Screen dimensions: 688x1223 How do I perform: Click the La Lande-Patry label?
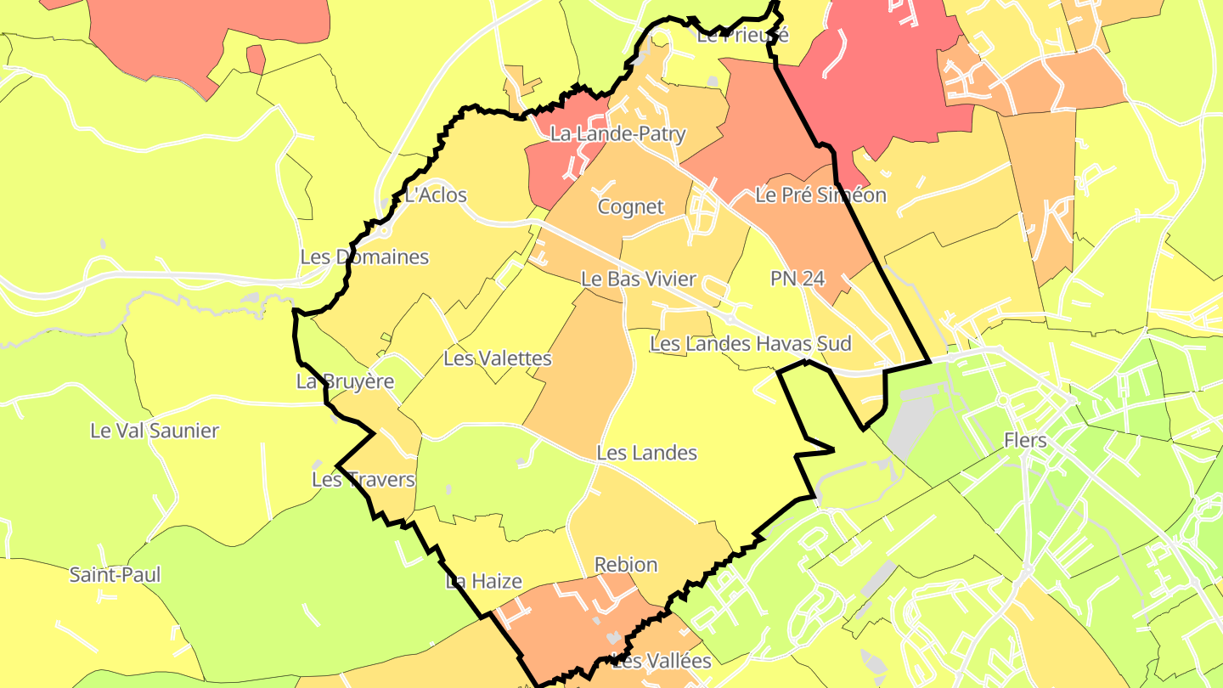click(x=617, y=133)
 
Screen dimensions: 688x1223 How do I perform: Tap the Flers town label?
click(x=1026, y=440)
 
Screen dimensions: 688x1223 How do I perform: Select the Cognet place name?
click(x=630, y=206)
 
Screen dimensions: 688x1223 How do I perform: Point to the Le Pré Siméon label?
click(x=820, y=195)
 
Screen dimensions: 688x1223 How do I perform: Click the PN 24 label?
click(x=797, y=278)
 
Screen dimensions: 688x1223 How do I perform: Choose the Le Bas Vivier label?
click(x=638, y=279)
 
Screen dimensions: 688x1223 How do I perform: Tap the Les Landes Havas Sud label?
click(x=750, y=343)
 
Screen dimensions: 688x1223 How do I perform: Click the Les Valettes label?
click(x=498, y=358)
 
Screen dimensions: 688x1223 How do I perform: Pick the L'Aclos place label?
click(x=436, y=195)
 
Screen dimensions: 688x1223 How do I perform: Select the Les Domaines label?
click(x=364, y=257)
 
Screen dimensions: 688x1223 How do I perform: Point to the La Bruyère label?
click(x=345, y=381)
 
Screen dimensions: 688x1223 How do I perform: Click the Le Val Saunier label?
click(x=155, y=431)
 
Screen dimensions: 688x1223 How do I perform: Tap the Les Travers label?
click(x=364, y=480)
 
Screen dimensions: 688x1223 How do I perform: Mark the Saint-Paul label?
click(x=115, y=575)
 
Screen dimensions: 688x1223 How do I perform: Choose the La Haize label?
click(x=483, y=582)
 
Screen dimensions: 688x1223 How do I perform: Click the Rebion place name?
click(x=626, y=565)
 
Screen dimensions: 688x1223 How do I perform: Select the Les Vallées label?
click(x=662, y=661)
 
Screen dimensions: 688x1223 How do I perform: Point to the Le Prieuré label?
click(x=743, y=36)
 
